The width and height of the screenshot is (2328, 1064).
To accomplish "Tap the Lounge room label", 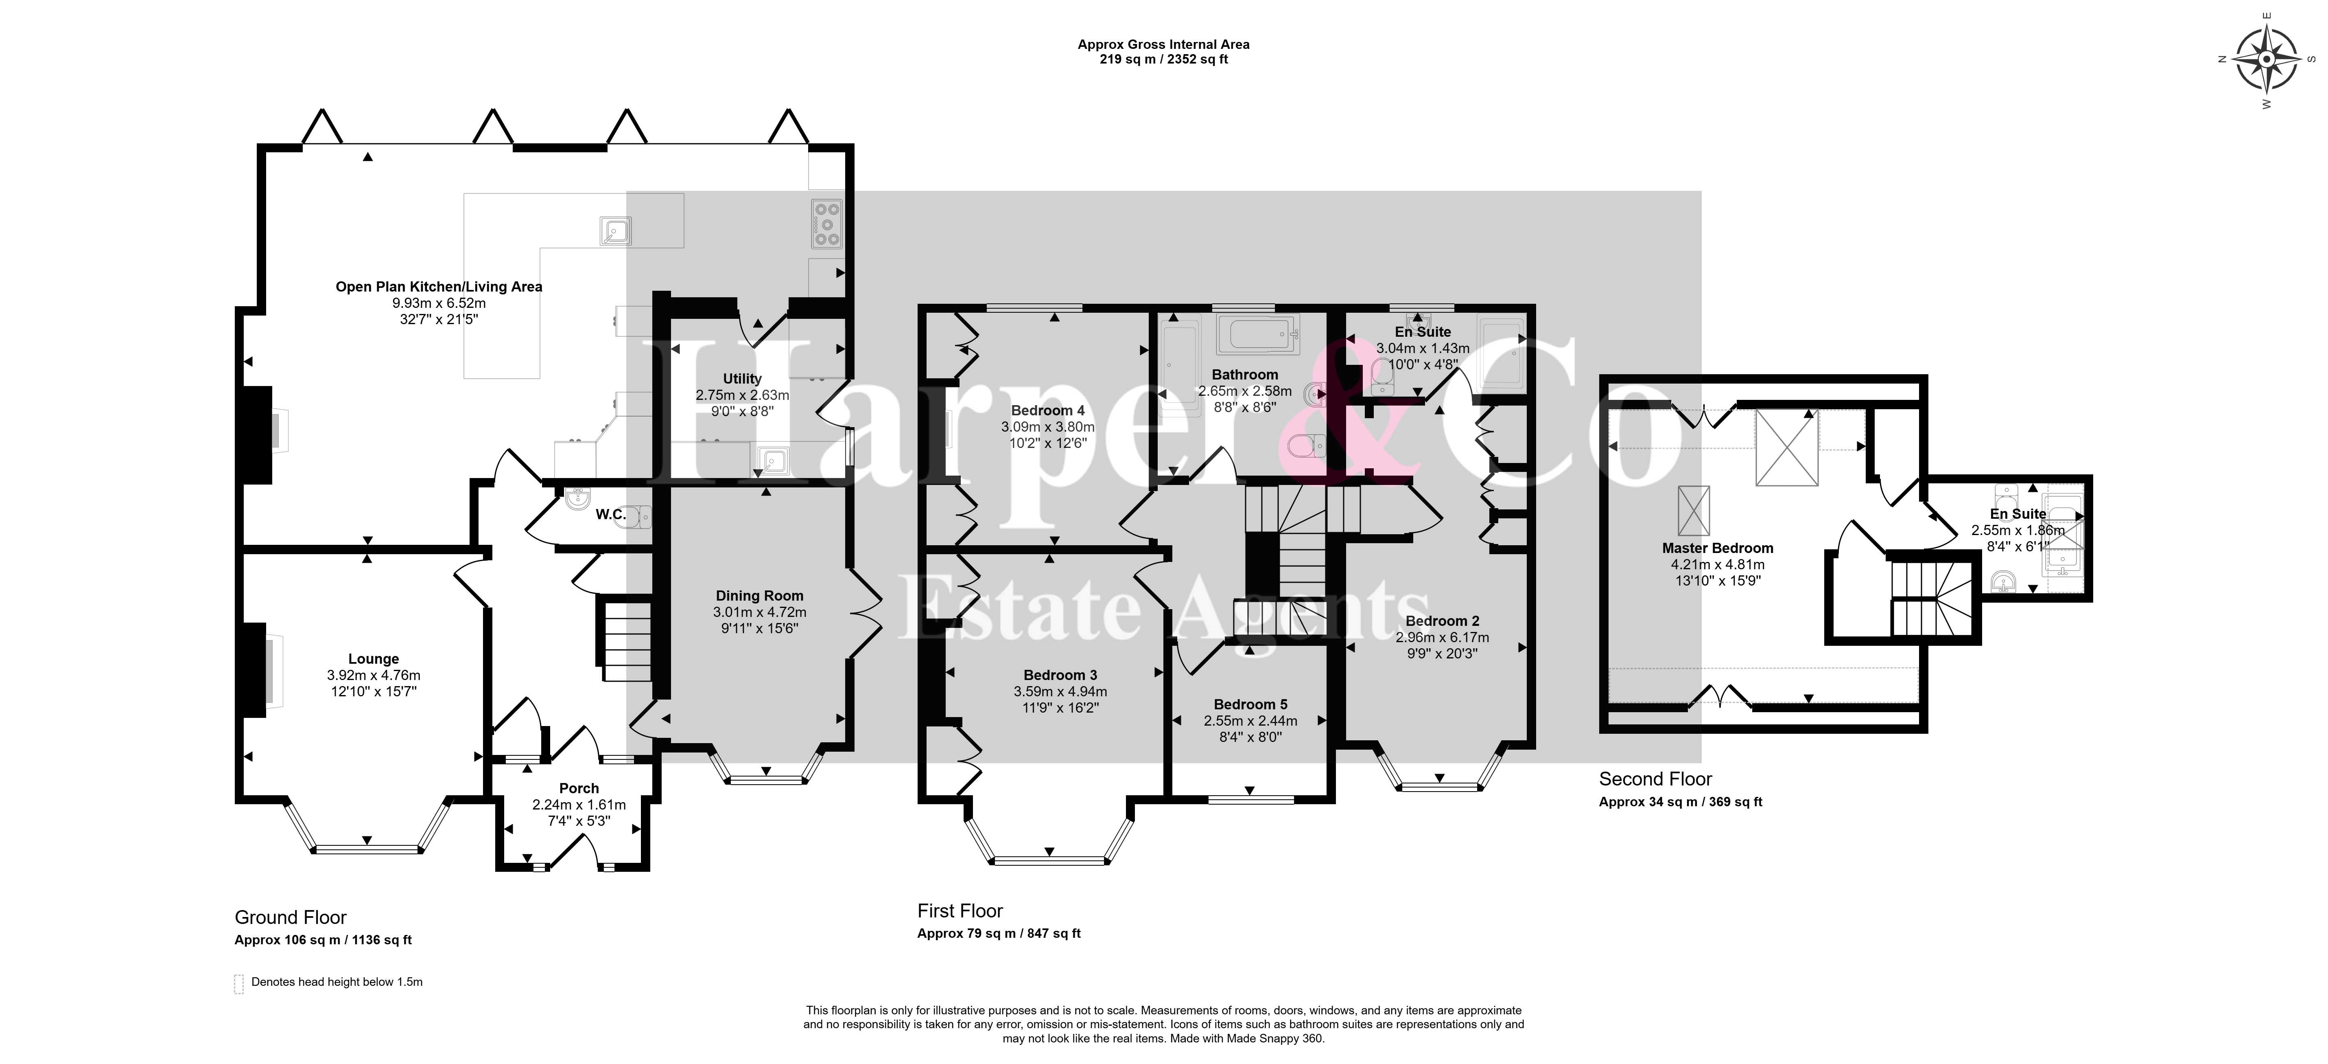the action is pos(373,659).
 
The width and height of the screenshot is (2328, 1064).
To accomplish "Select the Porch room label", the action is pos(578,788).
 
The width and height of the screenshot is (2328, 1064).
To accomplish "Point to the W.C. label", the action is pos(611,514).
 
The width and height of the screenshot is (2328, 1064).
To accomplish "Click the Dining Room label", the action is pos(759,596).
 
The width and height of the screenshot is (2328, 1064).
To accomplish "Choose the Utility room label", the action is pos(742,379).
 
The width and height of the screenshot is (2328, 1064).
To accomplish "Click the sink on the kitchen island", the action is pos(614,231).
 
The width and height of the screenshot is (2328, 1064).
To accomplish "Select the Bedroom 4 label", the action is pos(1047,410).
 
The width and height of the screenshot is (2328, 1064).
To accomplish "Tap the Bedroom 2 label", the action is pos(1443,621).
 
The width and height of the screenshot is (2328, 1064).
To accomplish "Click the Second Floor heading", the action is pos(1656,779).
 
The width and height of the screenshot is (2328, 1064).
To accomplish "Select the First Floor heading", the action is pos(960,911).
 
